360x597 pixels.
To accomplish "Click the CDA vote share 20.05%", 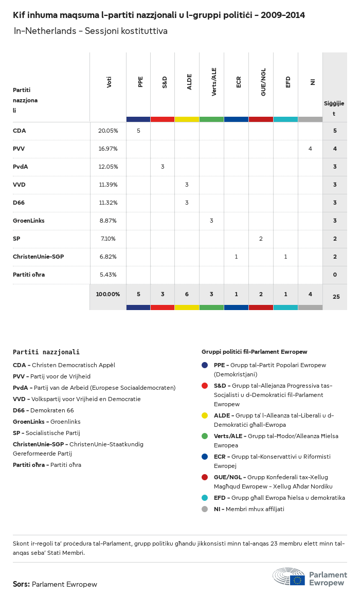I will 108,131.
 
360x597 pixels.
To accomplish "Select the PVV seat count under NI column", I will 310,149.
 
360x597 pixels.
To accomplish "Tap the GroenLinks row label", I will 29,221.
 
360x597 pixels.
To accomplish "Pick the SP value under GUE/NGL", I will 261,239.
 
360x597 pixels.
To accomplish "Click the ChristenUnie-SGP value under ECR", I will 236,257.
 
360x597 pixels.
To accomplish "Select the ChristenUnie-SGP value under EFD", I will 285,257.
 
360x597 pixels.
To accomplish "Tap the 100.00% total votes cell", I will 108,294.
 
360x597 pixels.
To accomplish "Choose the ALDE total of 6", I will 187,294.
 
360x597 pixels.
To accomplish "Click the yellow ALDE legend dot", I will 205,415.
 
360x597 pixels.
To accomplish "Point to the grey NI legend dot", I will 205,509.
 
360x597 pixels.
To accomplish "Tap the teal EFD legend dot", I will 205,498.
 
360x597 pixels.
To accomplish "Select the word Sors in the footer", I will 21,584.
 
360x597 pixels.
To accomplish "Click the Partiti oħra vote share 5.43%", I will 108,275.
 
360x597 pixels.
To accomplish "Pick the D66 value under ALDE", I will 187,203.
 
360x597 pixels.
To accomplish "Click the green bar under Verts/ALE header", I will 211,119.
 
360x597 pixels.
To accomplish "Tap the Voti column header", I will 109,82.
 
